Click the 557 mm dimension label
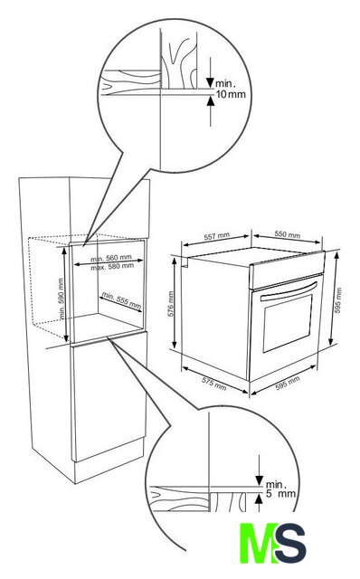(x=217, y=236)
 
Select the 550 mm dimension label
(x=288, y=234)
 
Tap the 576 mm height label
(x=171, y=304)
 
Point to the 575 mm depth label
(x=213, y=384)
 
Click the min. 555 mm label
(x=121, y=300)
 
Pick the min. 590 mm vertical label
(x=62, y=299)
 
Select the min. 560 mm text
(x=111, y=258)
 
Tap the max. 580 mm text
(x=112, y=266)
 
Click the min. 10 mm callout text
(x=231, y=89)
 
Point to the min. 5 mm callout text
(x=280, y=489)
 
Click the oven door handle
(x=289, y=290)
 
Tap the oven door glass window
(x=288, y=324)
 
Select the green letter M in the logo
(x=259, y=543)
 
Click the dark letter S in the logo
(x=291, y=543)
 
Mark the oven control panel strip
(x=287, y=270)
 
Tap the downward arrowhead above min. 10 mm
(x=211, y=82)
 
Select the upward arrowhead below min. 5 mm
(x=260, y=499)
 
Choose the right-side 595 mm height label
(x=338, y=300)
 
